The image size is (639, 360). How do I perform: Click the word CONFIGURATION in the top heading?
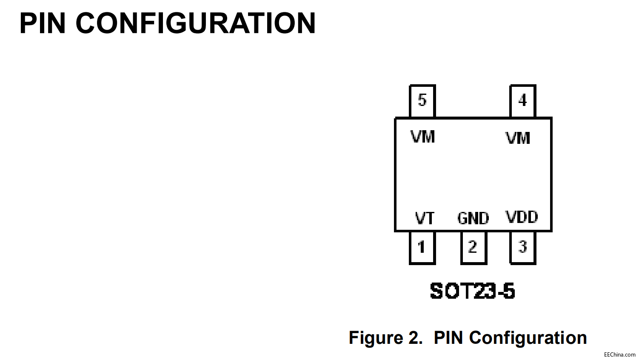(196, 23)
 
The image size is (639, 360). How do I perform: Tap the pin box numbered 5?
(422, 100)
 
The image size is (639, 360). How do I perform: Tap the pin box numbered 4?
(523, 100)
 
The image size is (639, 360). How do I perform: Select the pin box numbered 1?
(422, 247)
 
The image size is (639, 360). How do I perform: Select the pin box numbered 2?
(473, 247)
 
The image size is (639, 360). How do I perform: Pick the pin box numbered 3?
(523, 247)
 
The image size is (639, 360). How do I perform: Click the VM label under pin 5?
(423, 137)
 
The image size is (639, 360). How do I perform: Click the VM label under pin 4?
(518, 138)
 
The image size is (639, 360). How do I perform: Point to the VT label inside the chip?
(425, 218)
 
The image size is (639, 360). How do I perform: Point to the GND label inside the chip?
(473, 218)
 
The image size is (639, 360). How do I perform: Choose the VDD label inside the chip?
(522, 217)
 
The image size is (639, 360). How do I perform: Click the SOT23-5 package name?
(472, 291)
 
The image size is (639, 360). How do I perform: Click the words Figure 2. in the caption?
(385, 338)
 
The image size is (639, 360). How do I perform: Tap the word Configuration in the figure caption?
(528, 338)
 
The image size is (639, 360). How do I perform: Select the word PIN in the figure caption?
(448, 338)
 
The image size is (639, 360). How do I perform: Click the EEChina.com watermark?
(619, 354)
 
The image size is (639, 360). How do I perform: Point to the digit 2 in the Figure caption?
(414, 338)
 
